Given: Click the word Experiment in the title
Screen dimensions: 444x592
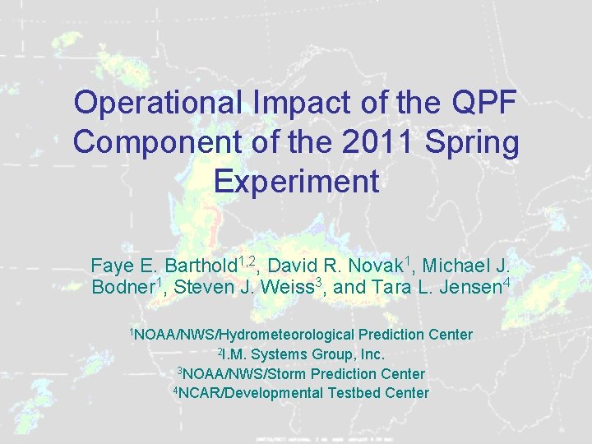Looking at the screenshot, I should [296, 181].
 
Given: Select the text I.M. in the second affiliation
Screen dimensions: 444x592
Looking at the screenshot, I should [235, 354].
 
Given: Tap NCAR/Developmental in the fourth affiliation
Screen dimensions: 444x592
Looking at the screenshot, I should [251, 393].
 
